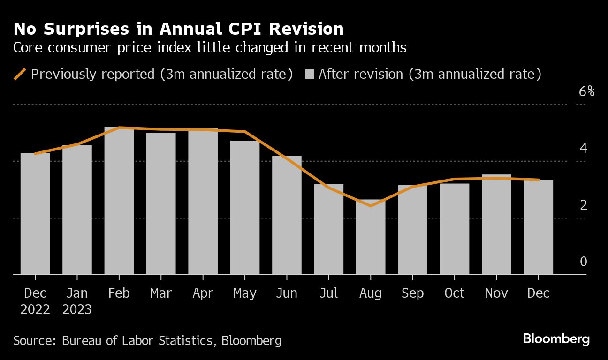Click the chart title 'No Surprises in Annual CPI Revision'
click(x=178, y=29)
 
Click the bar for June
click(x=287, y=215)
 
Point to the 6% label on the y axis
click(x=586, y=91)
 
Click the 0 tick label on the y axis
click(x=583, y=262)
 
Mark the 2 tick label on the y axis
click(x=583, y=205)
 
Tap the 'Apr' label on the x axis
click(x=203, y=293)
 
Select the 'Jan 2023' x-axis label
click(x=77, y=301)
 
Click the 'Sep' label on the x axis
click(x=412, y=293)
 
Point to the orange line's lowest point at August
click(x=371, y=206)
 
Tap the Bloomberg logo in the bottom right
click(x=556, y=339)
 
